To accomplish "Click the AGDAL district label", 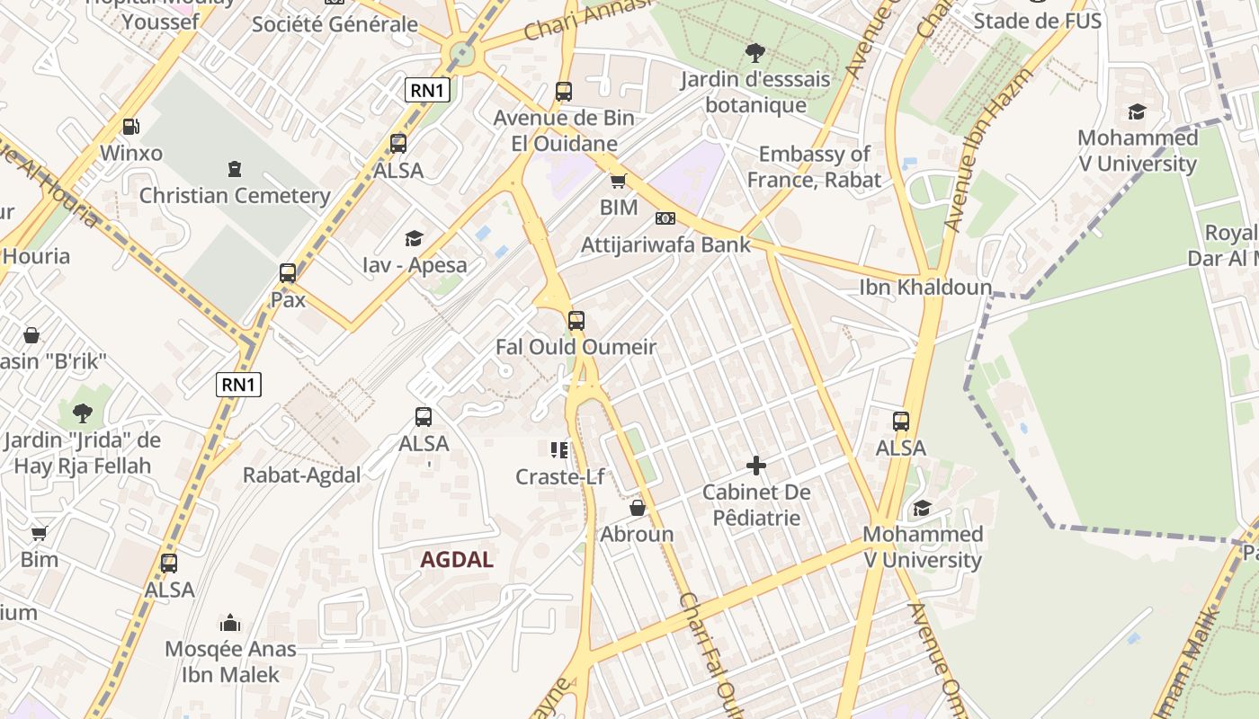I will [x=457, y=560].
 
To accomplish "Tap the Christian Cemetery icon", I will [x=235, y=168].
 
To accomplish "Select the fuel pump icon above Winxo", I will [x=131, y=127].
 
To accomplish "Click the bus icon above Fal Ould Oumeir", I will [x=576, y=320].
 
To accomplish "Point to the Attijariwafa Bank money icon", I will [x=665, y=218].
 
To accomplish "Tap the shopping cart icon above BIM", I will [x=618, y=182].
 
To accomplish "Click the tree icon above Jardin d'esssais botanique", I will [x=755, y=53].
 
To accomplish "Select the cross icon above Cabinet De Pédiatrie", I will [x=756, y=466].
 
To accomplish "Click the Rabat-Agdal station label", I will [x=301, y=475].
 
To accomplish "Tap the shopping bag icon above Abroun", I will [x=638, y=508].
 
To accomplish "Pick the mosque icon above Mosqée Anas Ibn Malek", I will [x=230, y=623].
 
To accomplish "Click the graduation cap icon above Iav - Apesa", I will [x=414, y=238].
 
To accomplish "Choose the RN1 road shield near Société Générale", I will [x=427, y=89].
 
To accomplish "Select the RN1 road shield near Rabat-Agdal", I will [x=239, y=386].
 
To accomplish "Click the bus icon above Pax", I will [x=288, y=273].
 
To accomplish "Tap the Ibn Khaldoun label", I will [x=925, y=288].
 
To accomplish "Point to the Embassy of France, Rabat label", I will [x=814, y=167].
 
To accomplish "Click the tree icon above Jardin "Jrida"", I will [x=82, y=413].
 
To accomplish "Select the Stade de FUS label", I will [x=1037, y=21].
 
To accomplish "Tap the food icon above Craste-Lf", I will [x=559, y=450].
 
